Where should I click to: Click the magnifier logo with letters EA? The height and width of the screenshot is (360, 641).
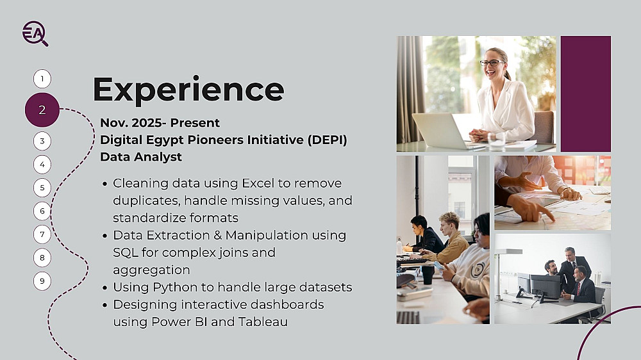[35, 33]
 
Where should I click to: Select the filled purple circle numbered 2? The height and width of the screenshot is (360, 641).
[42, 110]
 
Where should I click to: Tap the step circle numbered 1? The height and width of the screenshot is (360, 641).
[42, 79]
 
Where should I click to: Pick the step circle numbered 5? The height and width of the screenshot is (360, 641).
[42, 188]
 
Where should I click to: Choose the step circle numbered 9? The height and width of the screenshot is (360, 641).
[42, 281]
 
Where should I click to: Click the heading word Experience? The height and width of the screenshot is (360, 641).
[188, 90]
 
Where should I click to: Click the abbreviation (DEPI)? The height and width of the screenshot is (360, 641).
[327, 140]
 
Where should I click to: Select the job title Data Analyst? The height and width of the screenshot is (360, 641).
[141, 156]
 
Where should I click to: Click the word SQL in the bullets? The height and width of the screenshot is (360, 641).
[125, 252]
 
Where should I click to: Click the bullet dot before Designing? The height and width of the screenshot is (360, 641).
[105, 305]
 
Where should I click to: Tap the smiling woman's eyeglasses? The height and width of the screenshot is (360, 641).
[492, 63]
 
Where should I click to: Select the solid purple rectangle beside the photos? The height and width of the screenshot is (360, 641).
[586, 94]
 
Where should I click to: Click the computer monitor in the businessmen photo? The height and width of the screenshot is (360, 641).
[545, 286]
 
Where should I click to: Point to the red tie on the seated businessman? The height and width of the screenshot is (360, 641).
[579, 288]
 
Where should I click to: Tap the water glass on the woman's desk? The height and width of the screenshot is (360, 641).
[496, 141]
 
